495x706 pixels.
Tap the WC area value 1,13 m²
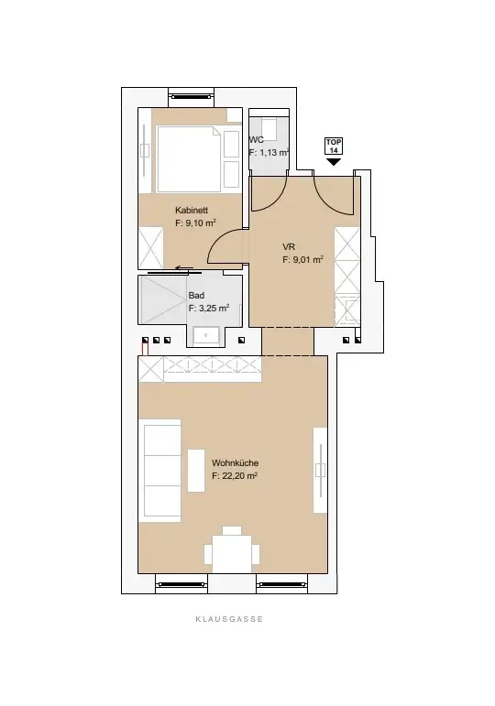click(269, 154)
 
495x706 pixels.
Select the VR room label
click(289, 246)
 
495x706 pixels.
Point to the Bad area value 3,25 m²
click(208, 310)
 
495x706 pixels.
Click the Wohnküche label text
click(234, 463)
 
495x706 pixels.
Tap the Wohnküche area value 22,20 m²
click(234, 476)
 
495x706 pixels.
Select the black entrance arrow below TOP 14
click(333, 162)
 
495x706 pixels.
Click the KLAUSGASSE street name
click(228, 619)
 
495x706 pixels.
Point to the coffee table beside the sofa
click(195, 470)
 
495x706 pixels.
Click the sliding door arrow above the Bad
click(184, 270)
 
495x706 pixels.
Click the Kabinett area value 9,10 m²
click(195, 223)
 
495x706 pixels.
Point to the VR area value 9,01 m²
click(302, 259)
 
